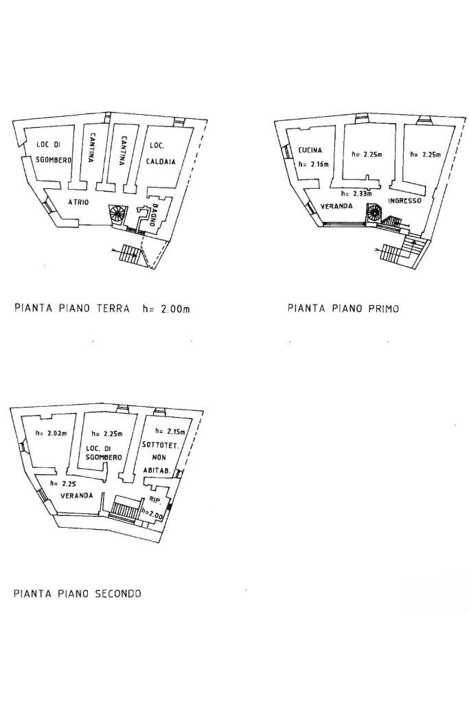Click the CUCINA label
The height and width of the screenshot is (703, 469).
point(310,150)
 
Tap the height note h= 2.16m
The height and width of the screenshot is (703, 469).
point(314,164)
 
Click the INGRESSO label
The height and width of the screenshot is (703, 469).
point(404,201)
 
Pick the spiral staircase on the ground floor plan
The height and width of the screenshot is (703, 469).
point(117,214)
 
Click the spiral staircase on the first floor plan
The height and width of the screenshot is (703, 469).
point(374,212)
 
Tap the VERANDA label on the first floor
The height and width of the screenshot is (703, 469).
point(336,206)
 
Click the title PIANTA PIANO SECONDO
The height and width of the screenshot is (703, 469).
point(77,593)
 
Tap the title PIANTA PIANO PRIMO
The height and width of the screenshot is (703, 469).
point(343,309)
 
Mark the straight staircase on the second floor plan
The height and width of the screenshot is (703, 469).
point(125,510)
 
